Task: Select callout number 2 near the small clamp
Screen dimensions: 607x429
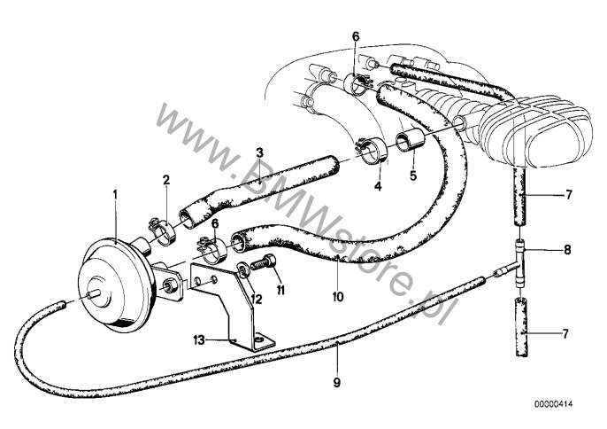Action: pyautogui.click(x=166, y=180)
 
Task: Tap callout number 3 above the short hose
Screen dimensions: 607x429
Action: pyautogui.click(x=259, y=152)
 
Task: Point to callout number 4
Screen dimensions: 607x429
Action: pyautogui.click(x=378, y=186)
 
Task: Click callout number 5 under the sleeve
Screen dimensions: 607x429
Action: pyautogui.click(x=413, y=175)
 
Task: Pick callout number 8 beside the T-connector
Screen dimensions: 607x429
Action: pyautogui.click(x=567, y=249)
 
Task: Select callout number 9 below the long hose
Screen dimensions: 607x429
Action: pyautogui.click(x=337, y=383)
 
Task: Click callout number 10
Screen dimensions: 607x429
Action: pyautogui.click(x=338, y=297)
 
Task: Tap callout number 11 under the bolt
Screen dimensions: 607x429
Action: pyautogui.click(x=280, y=290)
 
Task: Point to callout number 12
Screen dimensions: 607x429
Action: pyautogui.click(x=257, y=299)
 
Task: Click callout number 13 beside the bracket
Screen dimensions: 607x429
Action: pyautogui.click(x=199, y=340)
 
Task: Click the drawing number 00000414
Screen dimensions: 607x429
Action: pyautogui.click(x=554, y=404)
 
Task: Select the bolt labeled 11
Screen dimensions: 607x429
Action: pyautogui.click(x=264, y=262)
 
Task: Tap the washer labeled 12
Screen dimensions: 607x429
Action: pyautogui.click(x=243, y=270)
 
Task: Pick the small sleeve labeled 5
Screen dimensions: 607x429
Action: pyautogui.click(x=410, y=141)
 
